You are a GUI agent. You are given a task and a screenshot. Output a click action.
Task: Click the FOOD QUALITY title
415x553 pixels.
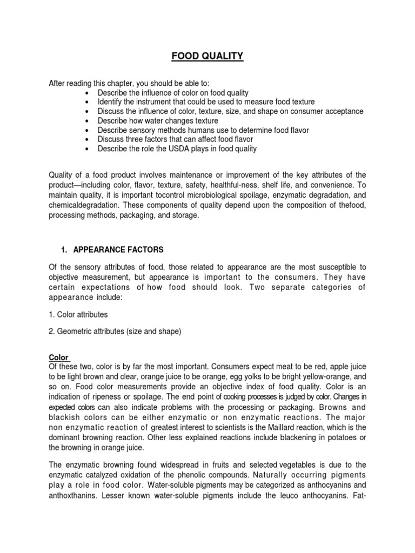pos(207,56)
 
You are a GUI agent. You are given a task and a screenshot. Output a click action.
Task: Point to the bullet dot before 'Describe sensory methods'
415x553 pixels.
pos(87,130)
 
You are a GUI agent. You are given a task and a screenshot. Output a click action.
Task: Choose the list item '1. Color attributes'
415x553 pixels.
pos(78,314)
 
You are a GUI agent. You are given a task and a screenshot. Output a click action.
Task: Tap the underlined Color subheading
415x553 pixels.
pos(58,358)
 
